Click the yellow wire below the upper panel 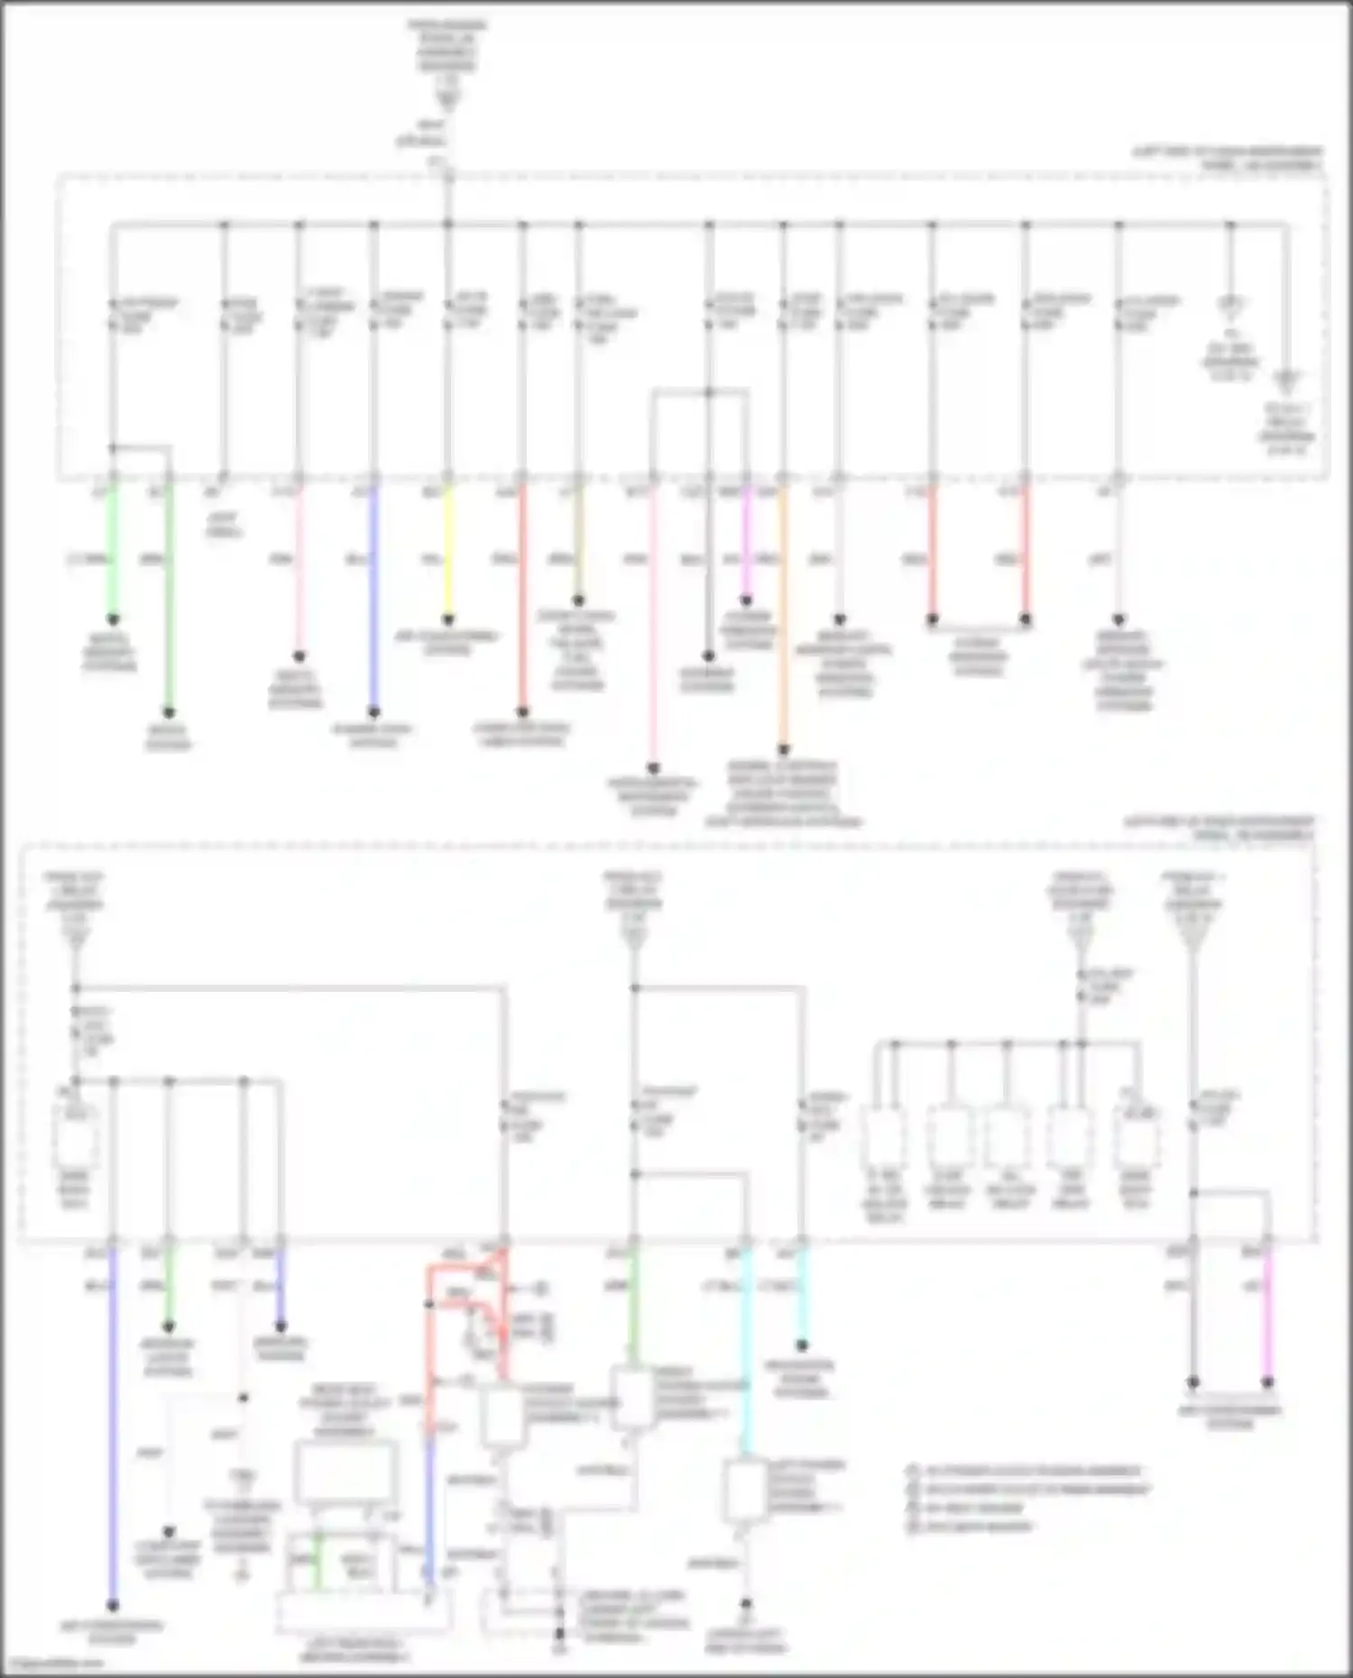448,550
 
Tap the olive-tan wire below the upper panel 578,541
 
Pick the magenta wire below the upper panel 746,541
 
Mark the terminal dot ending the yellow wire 448,620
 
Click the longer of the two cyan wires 746,1352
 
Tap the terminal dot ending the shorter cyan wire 802,1345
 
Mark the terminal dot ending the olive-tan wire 578,601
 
